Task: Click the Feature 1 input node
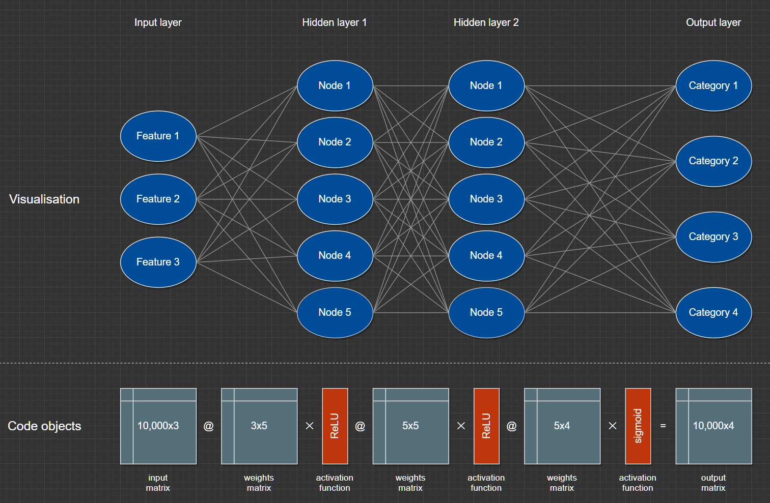158,136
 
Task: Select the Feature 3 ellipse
158,262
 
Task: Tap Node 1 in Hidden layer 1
335,85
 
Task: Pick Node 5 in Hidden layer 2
486,312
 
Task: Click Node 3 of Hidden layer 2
486,199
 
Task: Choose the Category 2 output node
713,161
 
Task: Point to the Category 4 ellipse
713,312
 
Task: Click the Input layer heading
158,22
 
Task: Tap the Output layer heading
713,22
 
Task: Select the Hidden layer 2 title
486,22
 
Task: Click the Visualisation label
44,199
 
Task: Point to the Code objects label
44,426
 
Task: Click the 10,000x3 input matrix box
158,426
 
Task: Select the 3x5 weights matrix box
259,426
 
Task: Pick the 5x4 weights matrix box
562,426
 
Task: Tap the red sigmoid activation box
638,426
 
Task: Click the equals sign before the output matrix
663,426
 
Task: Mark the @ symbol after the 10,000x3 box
209,426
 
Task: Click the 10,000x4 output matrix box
713,426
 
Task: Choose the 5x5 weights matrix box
410,426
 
